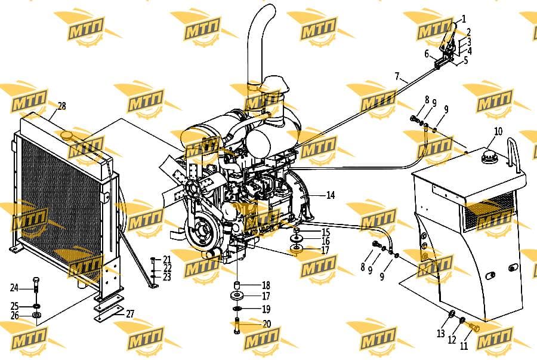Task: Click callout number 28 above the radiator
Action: point(61,106)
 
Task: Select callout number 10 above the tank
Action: point(498,131)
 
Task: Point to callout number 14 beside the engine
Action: point(331,195)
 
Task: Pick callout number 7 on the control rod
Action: point(397,76)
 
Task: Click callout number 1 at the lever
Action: point(464,19)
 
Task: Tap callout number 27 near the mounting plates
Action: point(130,314)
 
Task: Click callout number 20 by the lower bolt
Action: point(267,324)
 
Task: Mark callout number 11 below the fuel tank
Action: point(464,346)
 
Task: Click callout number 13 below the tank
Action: point(441,333)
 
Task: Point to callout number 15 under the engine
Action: point(325,232)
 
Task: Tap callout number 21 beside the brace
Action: point(167,259)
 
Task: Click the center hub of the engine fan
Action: point(192,188)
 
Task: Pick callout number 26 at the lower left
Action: point(14,315)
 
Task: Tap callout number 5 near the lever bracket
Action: point(466,61)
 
